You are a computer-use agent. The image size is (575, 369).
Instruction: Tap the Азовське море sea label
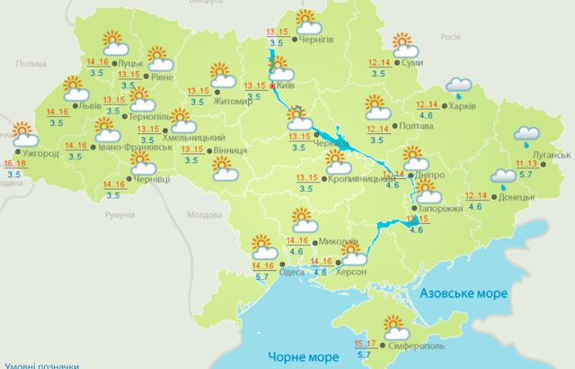pyautogui.click(x=464, y=293)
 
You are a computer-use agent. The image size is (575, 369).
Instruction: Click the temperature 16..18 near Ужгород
pyautogui.click(x=14, y=164)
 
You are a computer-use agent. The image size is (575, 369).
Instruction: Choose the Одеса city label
pyautogui.click(x=290, y=273)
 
